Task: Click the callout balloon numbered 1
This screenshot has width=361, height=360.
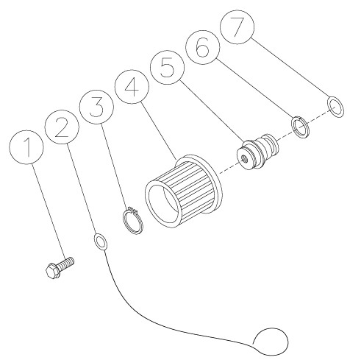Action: (26, 147)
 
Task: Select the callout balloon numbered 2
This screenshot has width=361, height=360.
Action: (62, 127)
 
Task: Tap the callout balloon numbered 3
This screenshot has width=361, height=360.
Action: (96, 107)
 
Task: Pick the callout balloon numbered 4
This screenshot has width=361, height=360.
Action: (132, 87)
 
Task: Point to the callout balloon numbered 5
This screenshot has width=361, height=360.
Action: (167, 67)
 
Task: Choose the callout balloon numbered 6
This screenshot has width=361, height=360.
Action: (202, 47)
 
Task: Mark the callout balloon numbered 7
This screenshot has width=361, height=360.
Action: (237, 27)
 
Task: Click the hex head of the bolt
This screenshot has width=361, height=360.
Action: (52, 271)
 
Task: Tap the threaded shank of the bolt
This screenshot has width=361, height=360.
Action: (66, 263)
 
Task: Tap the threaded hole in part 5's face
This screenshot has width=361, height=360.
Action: (245, 160)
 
